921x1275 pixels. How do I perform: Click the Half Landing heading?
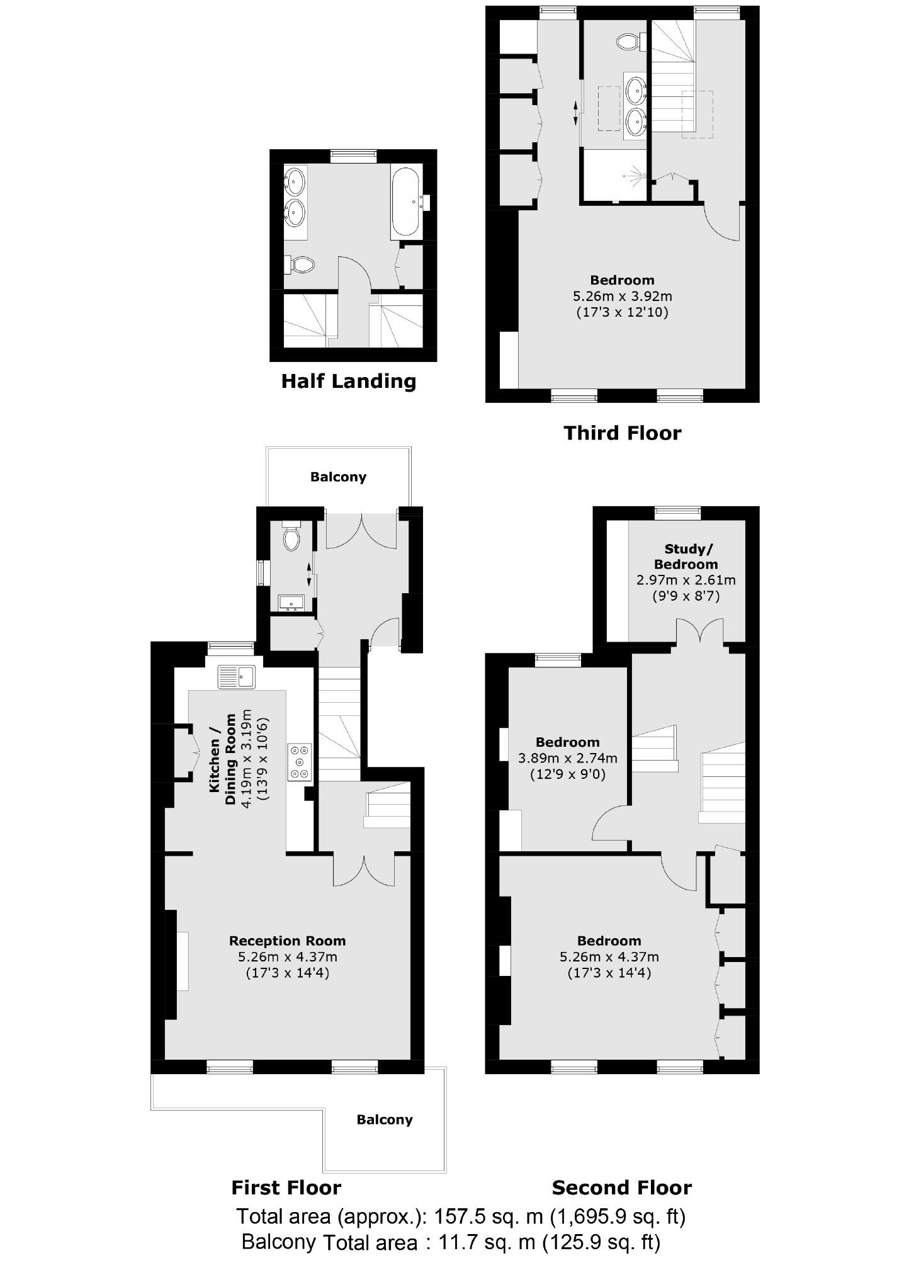click(x=348, y=381)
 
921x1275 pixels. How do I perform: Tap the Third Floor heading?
click(x=622, y=433)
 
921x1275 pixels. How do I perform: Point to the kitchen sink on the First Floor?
click(x=237, y=677)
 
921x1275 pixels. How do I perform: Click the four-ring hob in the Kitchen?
click(x=300, y=762)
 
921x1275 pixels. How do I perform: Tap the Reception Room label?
click(x=287, y=941)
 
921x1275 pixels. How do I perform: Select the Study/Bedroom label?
click(x=686, y=557)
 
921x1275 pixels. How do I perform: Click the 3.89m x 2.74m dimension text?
click(x=567, y=758)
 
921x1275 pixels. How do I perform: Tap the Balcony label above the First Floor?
click(x=338, y=477)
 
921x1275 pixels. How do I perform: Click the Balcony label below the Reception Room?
click(x=384, y=1119)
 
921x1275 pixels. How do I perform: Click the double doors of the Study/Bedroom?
click(x=699, y=631)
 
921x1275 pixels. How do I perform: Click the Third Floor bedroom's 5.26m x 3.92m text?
click(x=622, y=296)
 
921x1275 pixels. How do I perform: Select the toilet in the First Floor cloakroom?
click(x=291, y=538)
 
